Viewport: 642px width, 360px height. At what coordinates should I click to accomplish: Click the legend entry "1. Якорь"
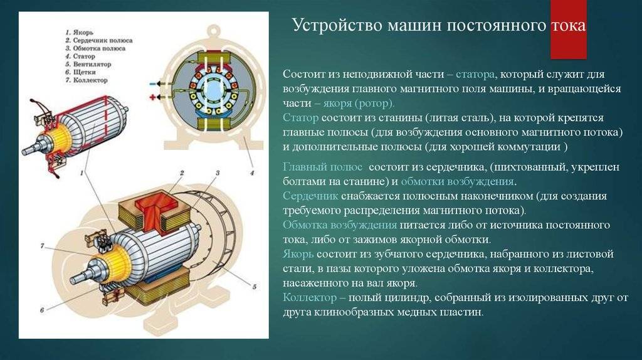(80, 32)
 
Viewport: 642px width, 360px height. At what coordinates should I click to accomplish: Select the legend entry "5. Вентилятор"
(88, 65)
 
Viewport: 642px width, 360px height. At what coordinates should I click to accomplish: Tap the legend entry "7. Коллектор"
(87, 80)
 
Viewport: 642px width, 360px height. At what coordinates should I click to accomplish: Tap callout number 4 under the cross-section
(252, 173)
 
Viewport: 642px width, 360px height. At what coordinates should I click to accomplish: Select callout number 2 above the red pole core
(182, 173)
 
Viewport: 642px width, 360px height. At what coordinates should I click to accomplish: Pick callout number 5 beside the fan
(255, 287)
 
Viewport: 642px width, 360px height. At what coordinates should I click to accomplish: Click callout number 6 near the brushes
(42, 310)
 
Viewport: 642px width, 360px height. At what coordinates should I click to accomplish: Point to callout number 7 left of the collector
(42, 246)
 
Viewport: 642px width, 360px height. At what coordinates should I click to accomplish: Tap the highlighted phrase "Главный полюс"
(322, 167)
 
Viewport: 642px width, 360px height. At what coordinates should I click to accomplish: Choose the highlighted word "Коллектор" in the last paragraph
(310, 297)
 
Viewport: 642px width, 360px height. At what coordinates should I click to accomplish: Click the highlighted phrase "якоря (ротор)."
(359, 103)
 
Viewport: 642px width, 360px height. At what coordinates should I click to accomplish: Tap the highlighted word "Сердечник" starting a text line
(310, 196)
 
